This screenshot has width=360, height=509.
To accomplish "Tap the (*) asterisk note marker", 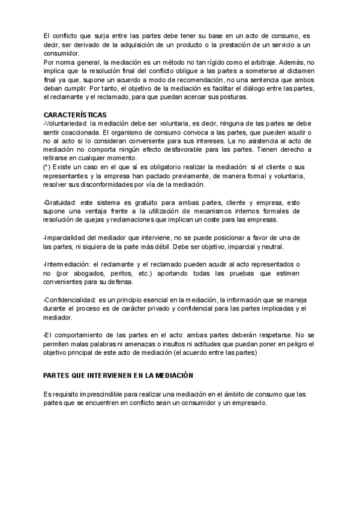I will click(x=47, y=166).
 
